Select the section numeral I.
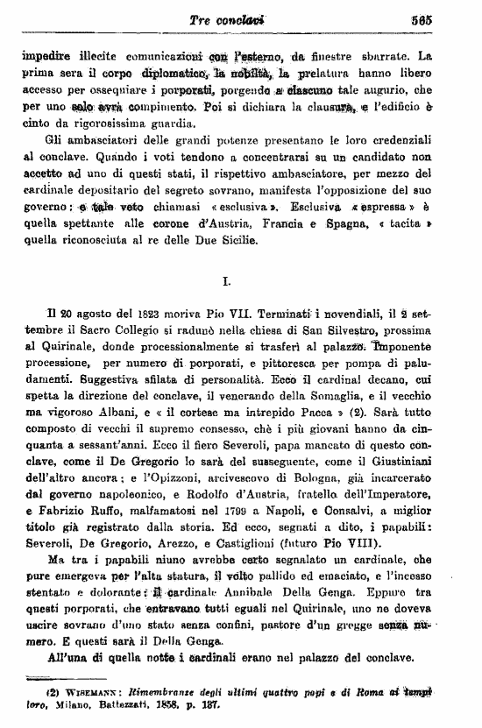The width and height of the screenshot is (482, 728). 227,282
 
